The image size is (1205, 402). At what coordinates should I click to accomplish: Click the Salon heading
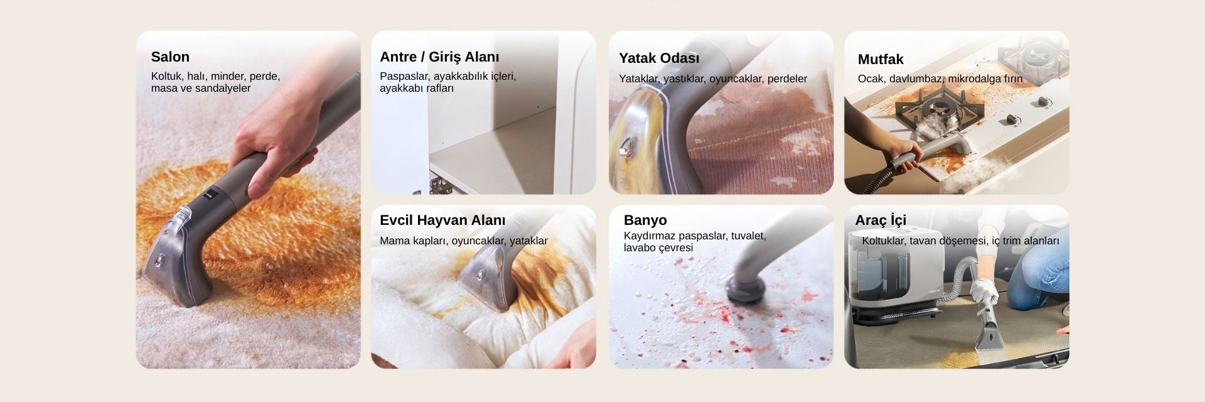tap(170, 57)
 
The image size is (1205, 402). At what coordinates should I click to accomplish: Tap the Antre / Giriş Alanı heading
tap(439, 57)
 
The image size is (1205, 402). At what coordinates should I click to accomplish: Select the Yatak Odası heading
tap(659, 58)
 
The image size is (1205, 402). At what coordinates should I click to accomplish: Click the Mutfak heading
tap(881, 60)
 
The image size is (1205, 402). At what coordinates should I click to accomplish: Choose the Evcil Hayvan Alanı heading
tap(442, 220)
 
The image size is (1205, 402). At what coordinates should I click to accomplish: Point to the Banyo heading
tap(645, 220)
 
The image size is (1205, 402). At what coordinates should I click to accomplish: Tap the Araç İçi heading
tap(881, 220)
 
